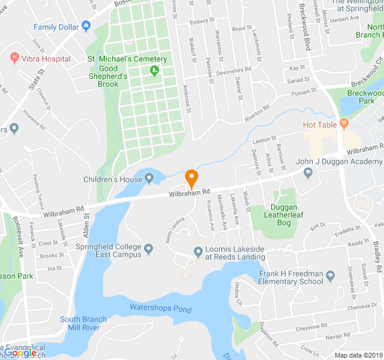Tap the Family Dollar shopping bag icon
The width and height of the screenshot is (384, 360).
click(86, 26)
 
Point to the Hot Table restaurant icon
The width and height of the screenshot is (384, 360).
click(343, 124)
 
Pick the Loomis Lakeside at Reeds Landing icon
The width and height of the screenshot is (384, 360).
click(198, 251)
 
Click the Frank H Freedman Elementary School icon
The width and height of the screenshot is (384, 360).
click(331, 277)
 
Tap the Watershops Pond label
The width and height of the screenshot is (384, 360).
click(161, 309)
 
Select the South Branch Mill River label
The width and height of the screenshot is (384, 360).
click(83, 323)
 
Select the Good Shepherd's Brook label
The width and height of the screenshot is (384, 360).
click(108, 80)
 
